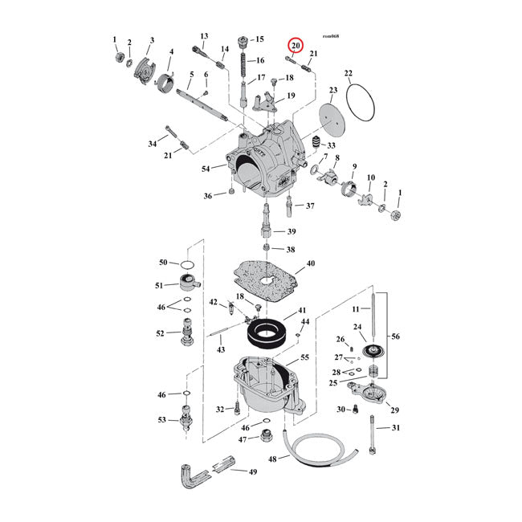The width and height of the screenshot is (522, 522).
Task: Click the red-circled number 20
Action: click(296, 47)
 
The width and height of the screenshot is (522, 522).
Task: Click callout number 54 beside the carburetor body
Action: click(206, 168)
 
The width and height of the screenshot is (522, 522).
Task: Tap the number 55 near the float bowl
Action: click(304, 357)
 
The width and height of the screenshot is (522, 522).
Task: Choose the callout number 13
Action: click(204, 36)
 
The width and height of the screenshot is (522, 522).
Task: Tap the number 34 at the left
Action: click(153, 144)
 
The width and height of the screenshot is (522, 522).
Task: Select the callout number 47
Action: click(243, 439)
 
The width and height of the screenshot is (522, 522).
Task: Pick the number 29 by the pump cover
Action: click(394, 410)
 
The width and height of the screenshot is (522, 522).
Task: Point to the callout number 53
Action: click(163, 419)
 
